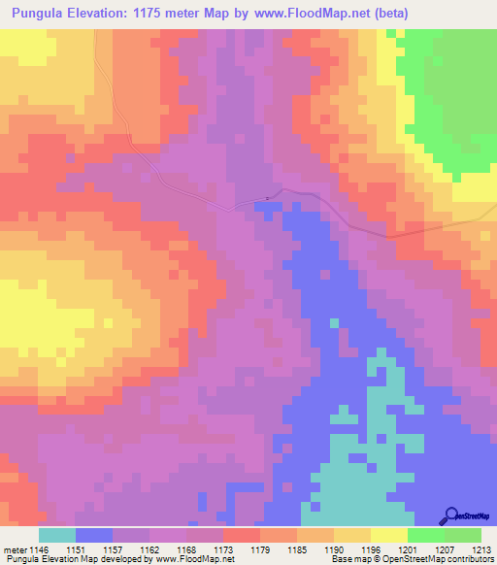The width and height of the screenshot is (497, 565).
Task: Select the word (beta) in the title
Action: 388,14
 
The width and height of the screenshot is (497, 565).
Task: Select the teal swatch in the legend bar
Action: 57,535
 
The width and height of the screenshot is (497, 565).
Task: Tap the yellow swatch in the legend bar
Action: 389,535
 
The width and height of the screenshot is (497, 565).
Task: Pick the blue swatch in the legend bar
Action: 94,535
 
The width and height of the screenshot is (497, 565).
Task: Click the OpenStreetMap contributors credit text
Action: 443,558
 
